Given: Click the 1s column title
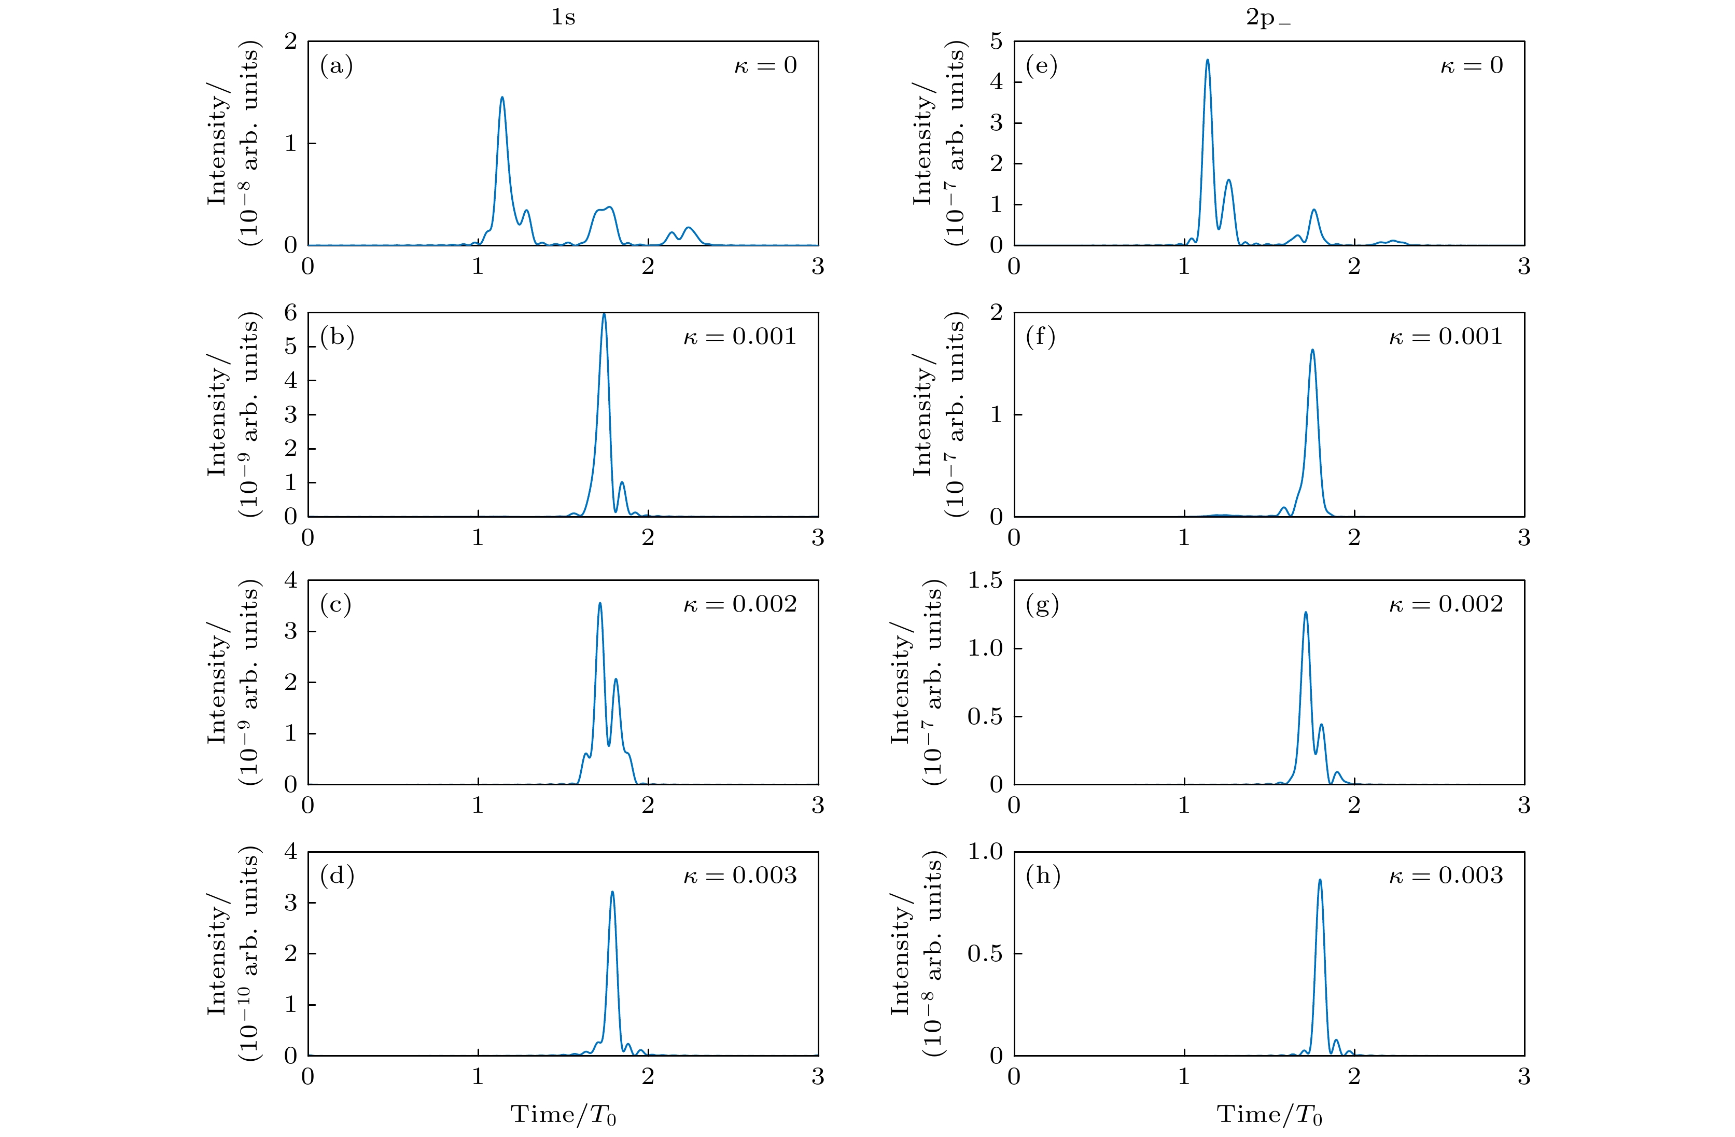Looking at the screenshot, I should (563, 17).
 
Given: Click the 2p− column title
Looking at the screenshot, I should (1268, 18).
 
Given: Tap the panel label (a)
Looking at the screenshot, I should (336, 66).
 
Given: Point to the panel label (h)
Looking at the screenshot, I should (1042, 875).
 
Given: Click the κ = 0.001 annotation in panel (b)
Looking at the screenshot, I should (740, 337).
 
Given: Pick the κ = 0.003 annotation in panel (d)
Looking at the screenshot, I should (740, 875).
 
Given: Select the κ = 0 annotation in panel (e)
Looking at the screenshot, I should (1472, 66).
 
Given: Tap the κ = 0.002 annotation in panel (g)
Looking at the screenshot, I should (1446, 605).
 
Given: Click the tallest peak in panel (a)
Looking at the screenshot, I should (501, 98).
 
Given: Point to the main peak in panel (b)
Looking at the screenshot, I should (604, 314).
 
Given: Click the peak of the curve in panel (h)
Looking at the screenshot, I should (1320, 880).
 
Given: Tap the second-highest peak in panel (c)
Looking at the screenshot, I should (616, 680).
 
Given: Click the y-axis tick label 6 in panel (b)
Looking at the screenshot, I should (291, 313).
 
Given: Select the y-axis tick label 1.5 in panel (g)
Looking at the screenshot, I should (985, 580).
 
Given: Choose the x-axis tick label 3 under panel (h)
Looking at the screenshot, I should (1523, 1076).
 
